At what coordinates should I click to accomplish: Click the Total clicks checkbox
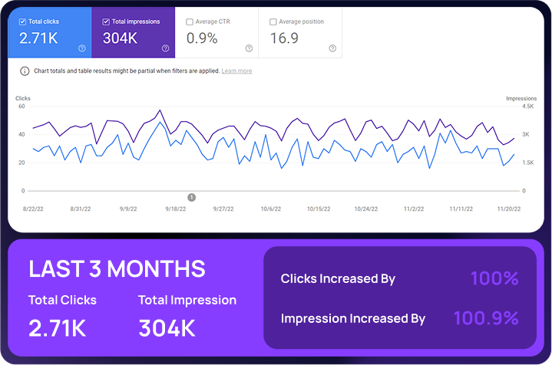pos(21,21)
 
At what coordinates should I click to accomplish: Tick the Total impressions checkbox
pos(105,21)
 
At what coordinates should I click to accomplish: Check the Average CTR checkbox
pos(190,21)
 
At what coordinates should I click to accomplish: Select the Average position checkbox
pos(273,21)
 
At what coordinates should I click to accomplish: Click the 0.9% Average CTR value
pos(201,38)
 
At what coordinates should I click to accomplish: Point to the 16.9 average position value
pos(284,38)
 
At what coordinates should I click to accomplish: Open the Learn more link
pos(236,71)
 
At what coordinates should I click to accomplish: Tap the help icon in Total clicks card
pos(82,48)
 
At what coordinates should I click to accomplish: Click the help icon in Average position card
pos(332,48)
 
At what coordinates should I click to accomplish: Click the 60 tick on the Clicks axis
pos(21,107)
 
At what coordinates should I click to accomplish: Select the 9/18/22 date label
pos(175,209)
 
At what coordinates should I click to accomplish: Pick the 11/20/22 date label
pos(510,209)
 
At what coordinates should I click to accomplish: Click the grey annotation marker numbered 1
pos(191,197)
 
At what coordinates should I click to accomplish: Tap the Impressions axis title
pos(521,98)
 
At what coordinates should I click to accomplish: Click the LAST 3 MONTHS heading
pos(117,268)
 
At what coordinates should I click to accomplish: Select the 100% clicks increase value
pos(494,278)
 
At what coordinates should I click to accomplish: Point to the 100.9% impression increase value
pos(486,317)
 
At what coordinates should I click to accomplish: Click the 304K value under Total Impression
pos(167,328)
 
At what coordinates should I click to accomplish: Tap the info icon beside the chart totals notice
pos(25,71)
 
